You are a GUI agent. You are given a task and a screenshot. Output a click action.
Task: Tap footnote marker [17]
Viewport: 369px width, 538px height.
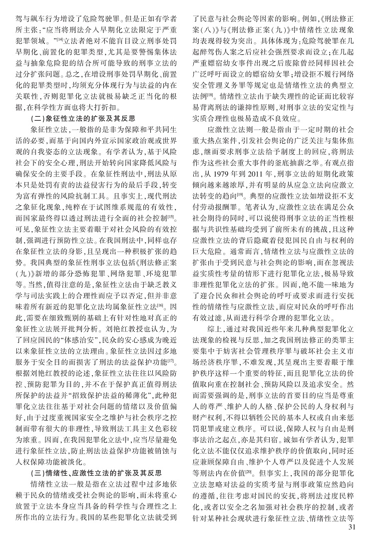[x=171, y=375]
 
